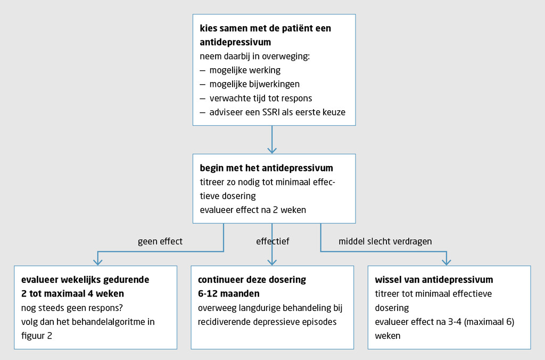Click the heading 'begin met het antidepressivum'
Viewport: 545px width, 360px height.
[266, 168]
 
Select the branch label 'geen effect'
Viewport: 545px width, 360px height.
[160, 241]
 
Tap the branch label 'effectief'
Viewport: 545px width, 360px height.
[272, 241]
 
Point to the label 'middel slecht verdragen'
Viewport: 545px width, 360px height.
[385, 241]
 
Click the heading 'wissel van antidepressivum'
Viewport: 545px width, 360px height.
[434, 280]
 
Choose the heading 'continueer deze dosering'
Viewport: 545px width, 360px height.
[252, 280]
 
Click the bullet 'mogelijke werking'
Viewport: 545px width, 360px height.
[245, 70]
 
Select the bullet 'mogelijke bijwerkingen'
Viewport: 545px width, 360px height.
[254, 84]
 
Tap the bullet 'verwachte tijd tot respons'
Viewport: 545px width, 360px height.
[261, 98]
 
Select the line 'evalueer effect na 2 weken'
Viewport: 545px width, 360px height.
[253, 210]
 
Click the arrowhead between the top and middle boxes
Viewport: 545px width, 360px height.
[272, 150]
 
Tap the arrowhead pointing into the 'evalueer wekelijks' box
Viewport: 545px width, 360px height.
[97, 261]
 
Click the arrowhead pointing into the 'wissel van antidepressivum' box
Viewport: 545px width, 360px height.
[446, 261]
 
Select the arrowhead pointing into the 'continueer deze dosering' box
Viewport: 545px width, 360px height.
[272, 261]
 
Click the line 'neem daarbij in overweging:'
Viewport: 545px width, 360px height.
[254, 56]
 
